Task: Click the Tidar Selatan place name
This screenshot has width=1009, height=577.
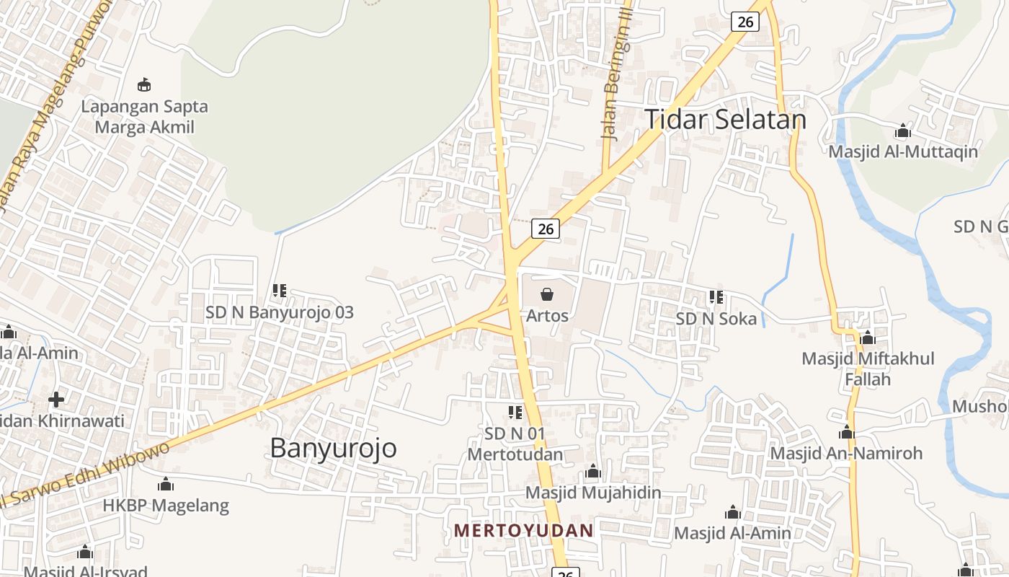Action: click(x=724, y=119)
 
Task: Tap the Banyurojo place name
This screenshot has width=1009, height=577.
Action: click(x=333, y=448)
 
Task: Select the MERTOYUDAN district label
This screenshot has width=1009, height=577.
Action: click(x=523, y=531)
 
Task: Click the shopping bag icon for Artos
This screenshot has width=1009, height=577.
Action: click(x=547, y=294)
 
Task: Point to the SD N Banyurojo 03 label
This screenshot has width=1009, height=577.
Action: click(x=280, y=313)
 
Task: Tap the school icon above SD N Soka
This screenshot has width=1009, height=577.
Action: click(x=716, y=297)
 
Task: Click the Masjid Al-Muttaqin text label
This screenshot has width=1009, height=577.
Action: click(x=902, y=151)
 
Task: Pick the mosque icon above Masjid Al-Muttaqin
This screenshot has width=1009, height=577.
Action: click(x=902, y=131)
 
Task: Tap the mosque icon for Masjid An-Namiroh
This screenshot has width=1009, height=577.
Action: click(x=847, y=433)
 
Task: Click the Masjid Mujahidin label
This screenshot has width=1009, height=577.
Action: click(x=593, y=493)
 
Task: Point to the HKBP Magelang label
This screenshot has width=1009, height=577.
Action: click(x=166, y=505)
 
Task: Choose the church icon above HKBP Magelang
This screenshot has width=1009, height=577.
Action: click(x=166, y=484)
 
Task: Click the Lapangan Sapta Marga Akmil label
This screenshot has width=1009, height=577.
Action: click(x=144, y=117)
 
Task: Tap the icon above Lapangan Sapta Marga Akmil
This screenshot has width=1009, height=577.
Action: click(x=144, y=85)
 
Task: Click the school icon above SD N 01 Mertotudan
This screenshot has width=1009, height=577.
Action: click(x=515, y=413)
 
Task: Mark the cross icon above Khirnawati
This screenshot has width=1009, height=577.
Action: click(x=56, y=399)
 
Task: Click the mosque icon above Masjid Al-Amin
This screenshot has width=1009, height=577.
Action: click(x=733, y=513)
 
